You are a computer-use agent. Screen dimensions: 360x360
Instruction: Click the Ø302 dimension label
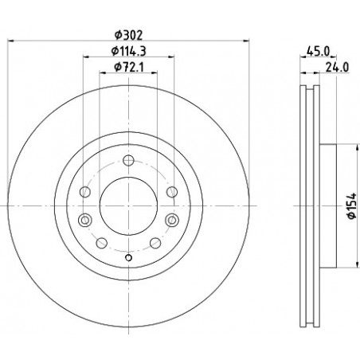click(128, 35)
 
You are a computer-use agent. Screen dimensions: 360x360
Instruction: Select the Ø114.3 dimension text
click(128, 51)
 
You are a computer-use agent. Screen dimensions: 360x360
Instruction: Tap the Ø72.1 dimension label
click(129, 67)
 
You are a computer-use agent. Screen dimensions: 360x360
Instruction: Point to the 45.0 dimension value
click(318, 51)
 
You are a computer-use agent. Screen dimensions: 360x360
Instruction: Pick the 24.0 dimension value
click(337, 67)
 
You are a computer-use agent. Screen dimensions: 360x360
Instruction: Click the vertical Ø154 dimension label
click(352, 205)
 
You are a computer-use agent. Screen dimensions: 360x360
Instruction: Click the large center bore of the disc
click(128, 205)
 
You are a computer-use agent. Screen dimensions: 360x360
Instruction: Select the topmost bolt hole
click(128, 160)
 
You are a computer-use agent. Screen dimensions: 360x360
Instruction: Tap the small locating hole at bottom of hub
click(128, 257)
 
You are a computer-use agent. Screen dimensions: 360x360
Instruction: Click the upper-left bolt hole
click(85, 192)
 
